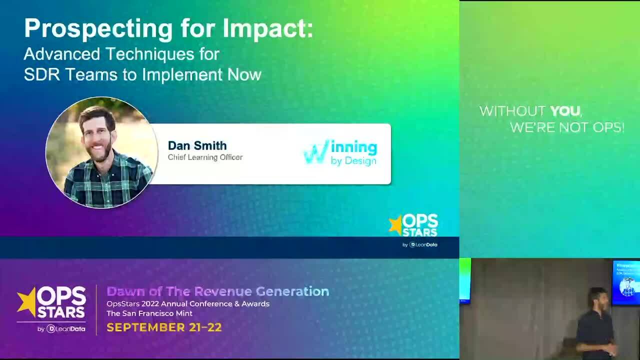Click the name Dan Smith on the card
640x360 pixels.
click(x=197, y=145)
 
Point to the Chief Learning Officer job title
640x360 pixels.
click(x=205, y=157)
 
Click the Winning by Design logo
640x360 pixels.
click(x=341, y=152)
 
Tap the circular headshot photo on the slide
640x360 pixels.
click(x=101, y=152)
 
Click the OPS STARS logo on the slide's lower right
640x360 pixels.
click(x=414, y=226)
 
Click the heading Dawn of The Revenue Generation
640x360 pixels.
click(x=217, y=291)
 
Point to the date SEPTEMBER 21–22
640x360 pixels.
click(x=164, y=327)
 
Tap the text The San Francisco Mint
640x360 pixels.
click(x=149, y=313)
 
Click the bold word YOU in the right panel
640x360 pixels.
click(x=565, y=111)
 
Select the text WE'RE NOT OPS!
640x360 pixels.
click(x=567, y=127)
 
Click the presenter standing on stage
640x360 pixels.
click(x=596, y=322)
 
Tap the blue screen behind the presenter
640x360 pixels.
click(x=626, y=282)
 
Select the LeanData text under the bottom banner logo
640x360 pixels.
click(x=69, y=328)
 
